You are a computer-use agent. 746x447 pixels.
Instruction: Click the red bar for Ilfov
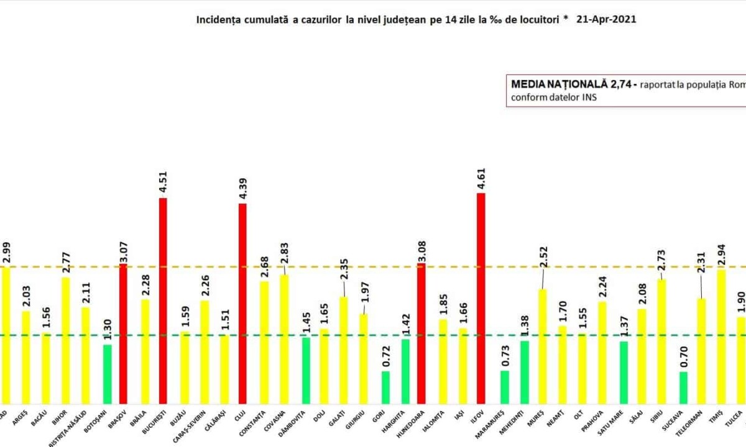click(x=481, y=298)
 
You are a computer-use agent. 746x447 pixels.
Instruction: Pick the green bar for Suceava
click(x=683, y=387)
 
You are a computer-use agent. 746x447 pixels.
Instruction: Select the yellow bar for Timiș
click(x=721, y=336)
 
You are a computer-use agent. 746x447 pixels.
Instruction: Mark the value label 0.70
click(x=683, y=358)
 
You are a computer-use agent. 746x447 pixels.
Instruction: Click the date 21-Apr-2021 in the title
click(x=606, y=19)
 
